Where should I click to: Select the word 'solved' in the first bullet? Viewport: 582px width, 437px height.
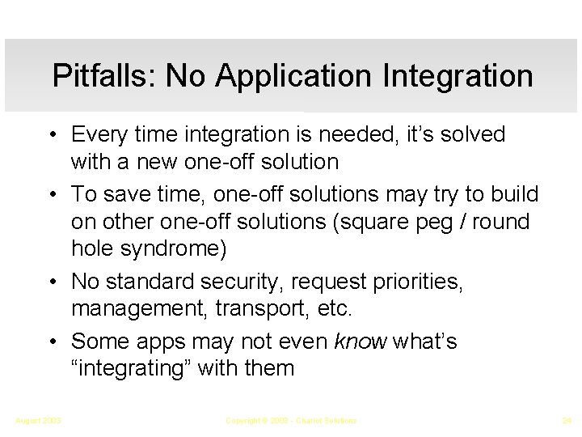474,134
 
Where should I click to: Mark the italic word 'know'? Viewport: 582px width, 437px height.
359,341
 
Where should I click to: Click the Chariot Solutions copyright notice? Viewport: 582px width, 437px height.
291,420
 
